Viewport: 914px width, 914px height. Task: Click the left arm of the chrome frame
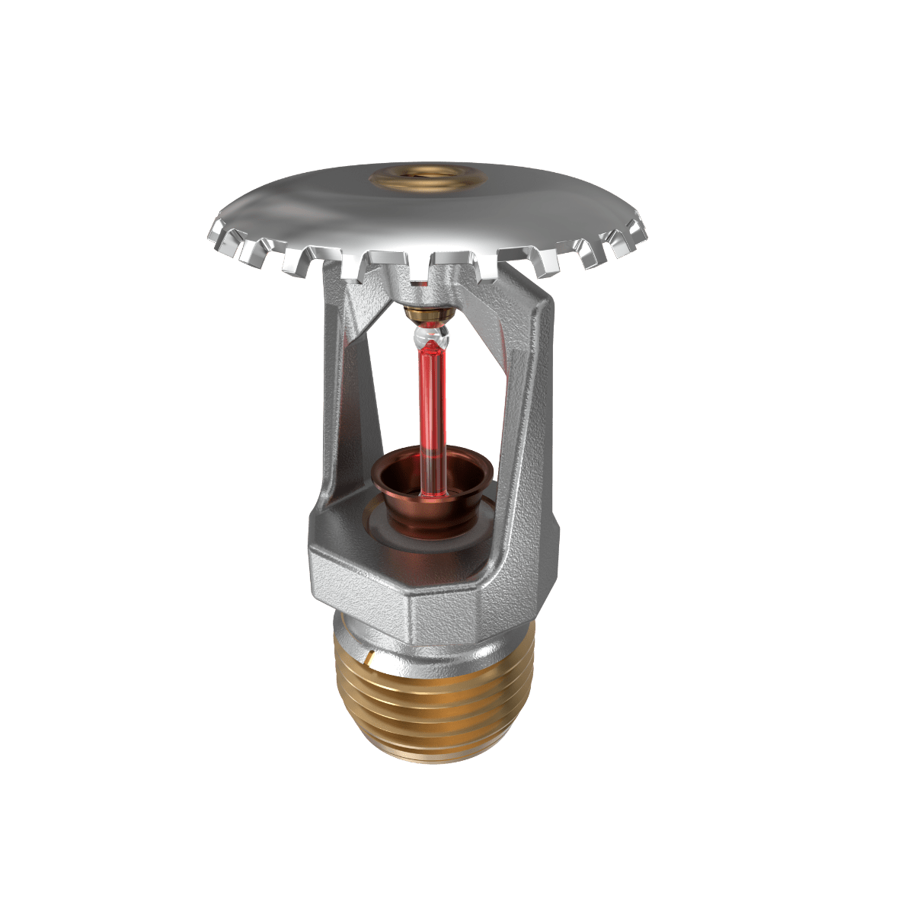click(x=343, y=396)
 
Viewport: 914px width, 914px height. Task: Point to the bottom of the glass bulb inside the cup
click(x=429, y=491)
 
